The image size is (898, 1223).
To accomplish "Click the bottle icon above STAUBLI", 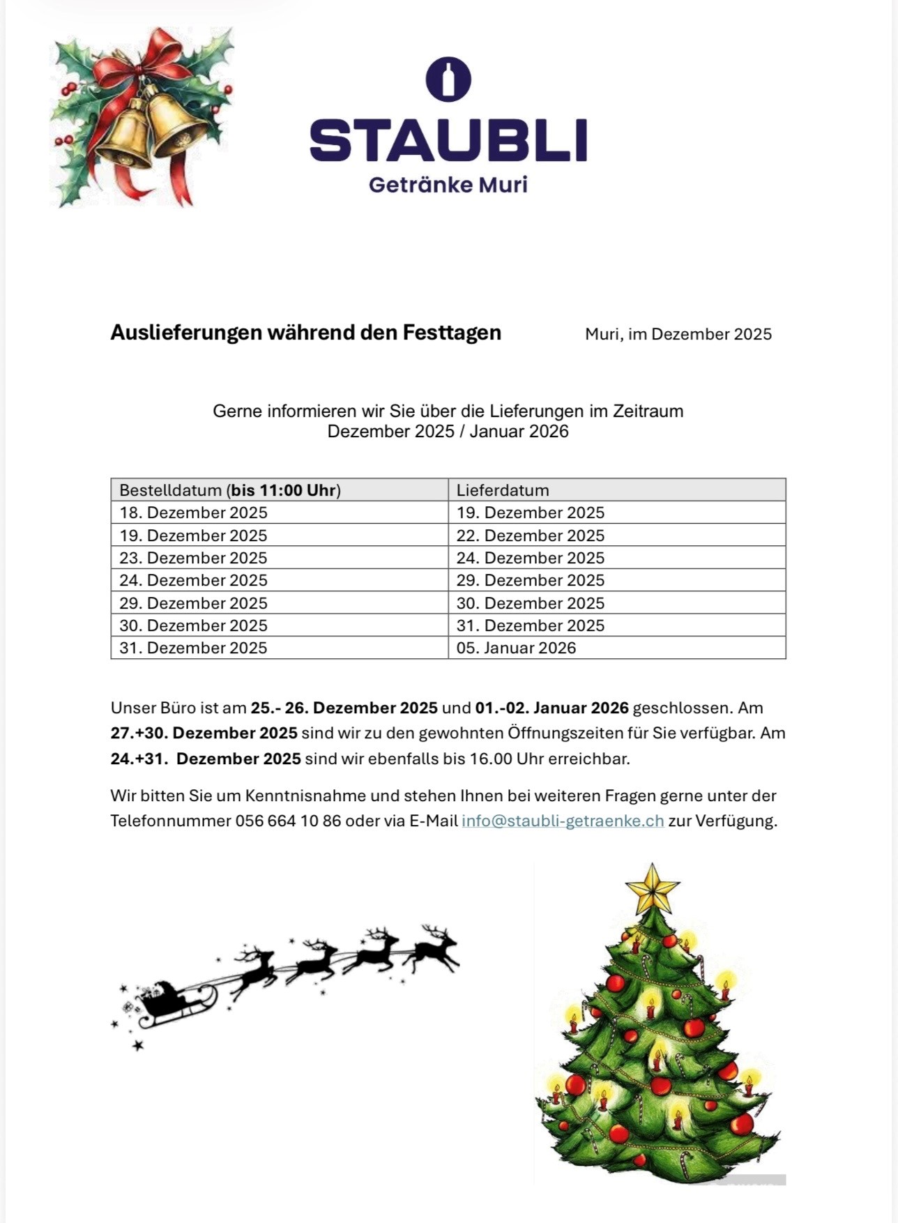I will click(448, 79).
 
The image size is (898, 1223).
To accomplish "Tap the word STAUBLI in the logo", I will click(448, 140).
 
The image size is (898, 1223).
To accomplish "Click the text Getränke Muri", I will click(448, 185).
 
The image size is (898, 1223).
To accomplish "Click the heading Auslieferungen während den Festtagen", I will click(305, 333).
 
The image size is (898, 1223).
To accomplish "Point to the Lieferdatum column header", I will click(503, 490).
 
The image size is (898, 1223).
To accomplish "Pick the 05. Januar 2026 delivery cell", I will click(516, 648).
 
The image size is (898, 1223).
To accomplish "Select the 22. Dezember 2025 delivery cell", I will click(530, 535).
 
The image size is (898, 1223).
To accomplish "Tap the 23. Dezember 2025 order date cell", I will click(193, 558).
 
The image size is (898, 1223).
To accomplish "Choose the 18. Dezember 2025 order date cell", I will click(193, 512).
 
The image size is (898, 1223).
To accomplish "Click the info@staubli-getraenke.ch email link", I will click(563, 821).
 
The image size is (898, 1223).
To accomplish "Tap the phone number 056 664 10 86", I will click(288, 821).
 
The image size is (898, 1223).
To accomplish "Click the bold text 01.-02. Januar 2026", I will click(551, 708).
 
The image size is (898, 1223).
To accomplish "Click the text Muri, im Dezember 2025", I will click(678, 334).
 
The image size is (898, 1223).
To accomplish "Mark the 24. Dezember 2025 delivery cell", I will click(530, 558).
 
